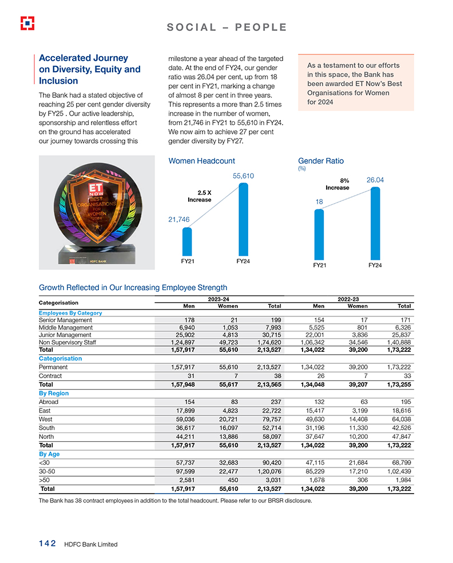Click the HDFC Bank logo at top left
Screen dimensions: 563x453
click(27, 23)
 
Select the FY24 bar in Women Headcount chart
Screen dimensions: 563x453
click(243, 219)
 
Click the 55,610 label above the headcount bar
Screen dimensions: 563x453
click(243, 176)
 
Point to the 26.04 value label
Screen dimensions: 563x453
click(375, 180)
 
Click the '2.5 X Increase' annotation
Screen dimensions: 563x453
click(200, 196)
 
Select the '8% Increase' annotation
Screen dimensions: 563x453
click(337, 184)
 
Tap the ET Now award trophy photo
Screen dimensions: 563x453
click(97, 212)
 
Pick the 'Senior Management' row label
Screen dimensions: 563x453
click(65, 320)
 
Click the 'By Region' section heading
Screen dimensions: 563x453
click(54, 394)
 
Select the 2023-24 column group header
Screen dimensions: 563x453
click(220, 299)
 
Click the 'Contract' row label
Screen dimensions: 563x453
click(50, 376)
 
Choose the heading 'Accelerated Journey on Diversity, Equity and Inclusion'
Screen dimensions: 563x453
click(90, 69)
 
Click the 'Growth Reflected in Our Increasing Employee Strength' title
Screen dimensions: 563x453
click(133, 287)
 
